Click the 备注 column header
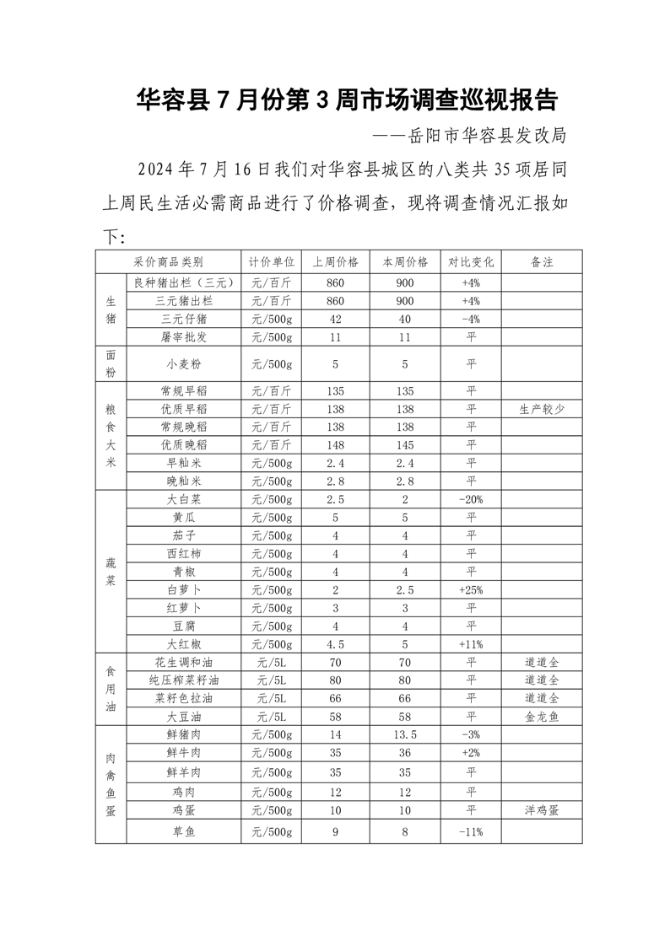542,262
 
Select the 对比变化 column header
471,262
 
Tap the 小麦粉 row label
183,364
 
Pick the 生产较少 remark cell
542,409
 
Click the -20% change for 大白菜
471,499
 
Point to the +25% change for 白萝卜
471,589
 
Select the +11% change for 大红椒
471,644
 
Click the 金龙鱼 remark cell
542,716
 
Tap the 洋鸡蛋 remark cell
542,809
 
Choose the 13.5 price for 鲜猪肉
405,734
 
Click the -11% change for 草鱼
471,832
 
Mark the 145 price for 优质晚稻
405,444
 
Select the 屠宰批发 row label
183,337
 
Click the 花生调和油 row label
183,662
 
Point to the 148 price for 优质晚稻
335,444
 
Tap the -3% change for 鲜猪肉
471,734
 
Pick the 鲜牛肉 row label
183,752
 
